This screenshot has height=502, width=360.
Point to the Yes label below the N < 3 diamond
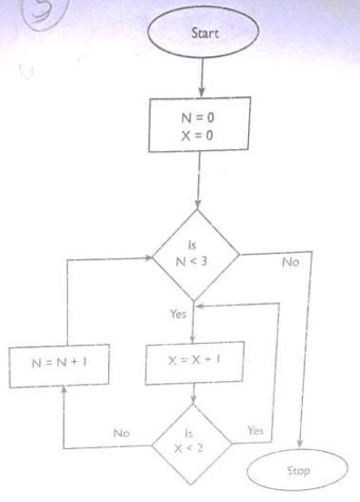point(178,313)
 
